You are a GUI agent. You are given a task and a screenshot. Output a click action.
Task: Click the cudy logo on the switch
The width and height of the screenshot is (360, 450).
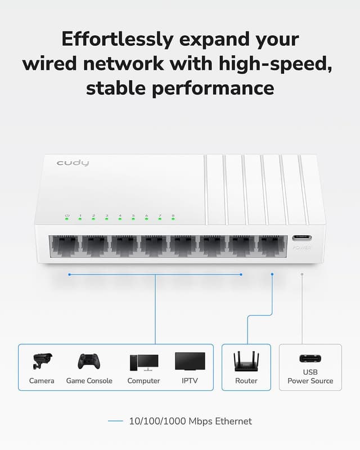pyautogui.click(x=73, y=163)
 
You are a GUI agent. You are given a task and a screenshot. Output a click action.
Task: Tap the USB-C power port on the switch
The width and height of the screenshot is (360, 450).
pyautogui.click(x=302, y=238)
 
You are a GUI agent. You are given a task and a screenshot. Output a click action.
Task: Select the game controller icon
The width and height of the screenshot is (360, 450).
pyautogui.click(x=88, y=361)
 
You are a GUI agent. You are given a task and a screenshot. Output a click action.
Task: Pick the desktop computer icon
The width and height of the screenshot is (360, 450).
pyautogui.click(x=143, y=362)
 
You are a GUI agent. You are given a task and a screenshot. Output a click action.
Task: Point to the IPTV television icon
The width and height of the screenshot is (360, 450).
pyautogui.click(x=190, y=361)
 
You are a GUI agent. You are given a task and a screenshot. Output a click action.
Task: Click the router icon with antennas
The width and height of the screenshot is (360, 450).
pyautogui.click(x=246, y=361)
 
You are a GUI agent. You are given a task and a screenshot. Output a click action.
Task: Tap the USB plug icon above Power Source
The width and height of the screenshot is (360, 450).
pyautogui.click(x=310, y=359)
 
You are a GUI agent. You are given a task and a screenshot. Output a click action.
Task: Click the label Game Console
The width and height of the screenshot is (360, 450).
pyautogui.click(x=89, y=381)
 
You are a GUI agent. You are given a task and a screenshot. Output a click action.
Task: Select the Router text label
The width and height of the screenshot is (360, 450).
pyautogui.click(x=246, y=381)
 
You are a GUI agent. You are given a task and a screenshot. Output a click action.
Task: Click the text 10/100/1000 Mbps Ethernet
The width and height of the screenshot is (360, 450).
pyautogui.click(x=190, y=421)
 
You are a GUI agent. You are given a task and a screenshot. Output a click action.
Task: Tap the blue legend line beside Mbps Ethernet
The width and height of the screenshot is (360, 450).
pyautogui.click(x=115, y=421)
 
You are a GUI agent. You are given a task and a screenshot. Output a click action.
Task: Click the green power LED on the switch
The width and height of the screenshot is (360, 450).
pyautogui.click(x=67, y=218)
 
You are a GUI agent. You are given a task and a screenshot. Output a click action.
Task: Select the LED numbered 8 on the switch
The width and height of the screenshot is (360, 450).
pyautogui.click(x=173, y=218)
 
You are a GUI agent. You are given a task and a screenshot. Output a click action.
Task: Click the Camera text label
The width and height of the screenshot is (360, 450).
pyautogui.click(x=42, y=381)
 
